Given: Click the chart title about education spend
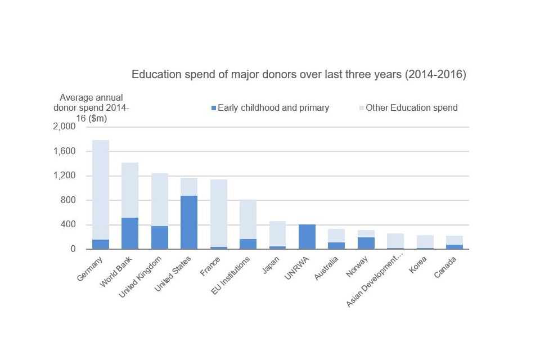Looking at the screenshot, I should pos(299,75).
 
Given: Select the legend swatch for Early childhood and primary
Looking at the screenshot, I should pos(213,107).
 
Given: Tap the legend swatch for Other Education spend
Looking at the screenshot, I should pos(361,107).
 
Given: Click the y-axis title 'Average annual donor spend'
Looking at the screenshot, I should pos(91,107).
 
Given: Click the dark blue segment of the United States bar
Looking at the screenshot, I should pos(188,222).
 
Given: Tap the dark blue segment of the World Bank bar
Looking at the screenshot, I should pos(130,233).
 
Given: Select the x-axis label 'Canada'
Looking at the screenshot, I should pos(448,268).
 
